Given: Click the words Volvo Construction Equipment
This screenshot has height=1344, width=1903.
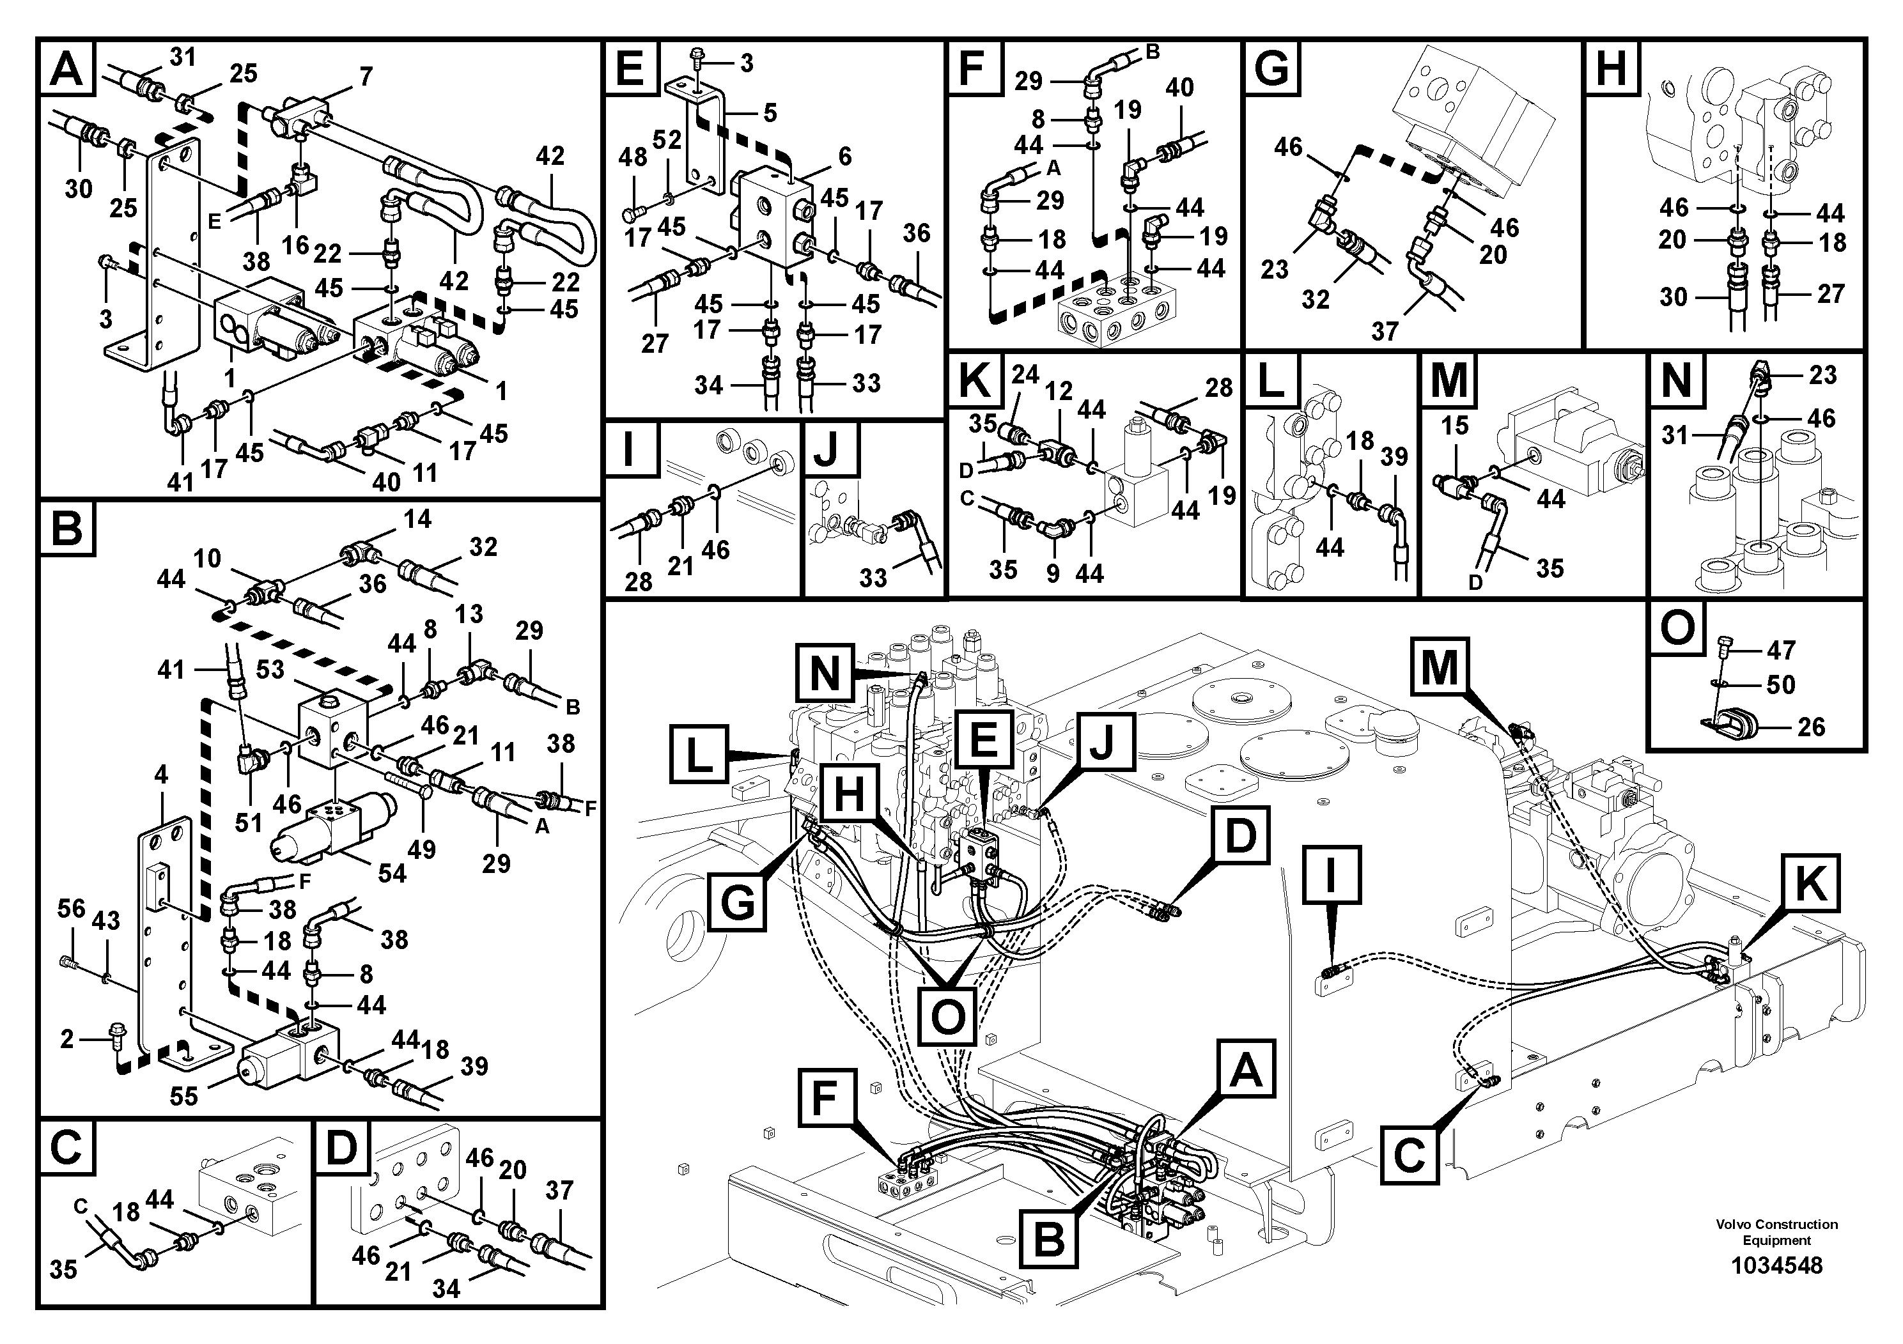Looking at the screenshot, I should pyautogui.click(x=1775, y=1232).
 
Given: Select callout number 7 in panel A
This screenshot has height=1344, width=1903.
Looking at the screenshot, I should pyautogui.click(x=366, y=76).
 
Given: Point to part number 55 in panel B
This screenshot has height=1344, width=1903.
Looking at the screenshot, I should pyautogui.click(x=183, y=1096).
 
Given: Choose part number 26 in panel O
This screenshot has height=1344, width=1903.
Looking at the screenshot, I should pyautogui.click(x=1811, y=727).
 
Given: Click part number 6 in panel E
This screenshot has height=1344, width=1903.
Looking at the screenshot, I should pyautogui.click(x=844, y=156).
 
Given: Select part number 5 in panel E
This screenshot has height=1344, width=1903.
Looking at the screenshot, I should pyautogui.click(x=770, y=112).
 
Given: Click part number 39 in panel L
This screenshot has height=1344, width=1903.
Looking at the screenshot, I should pyautogui.click(x=1394, y=456).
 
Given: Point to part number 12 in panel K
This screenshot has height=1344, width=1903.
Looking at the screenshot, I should pyautogui.click(x=1059, y=391).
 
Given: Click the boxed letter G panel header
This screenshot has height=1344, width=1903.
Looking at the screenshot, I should pyautogui.click(x=1271, y=68).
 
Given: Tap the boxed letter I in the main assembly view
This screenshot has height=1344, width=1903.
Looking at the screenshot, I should pyautogui.click(x=1331, y=875).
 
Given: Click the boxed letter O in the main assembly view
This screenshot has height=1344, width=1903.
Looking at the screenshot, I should pyautogui.click(x=947, y=1014).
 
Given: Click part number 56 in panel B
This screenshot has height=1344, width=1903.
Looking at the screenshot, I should pyautogui.click(x=72, y=908).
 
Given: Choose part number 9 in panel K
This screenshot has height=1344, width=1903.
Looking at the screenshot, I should pyautogui.click(x=1053, y=573).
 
